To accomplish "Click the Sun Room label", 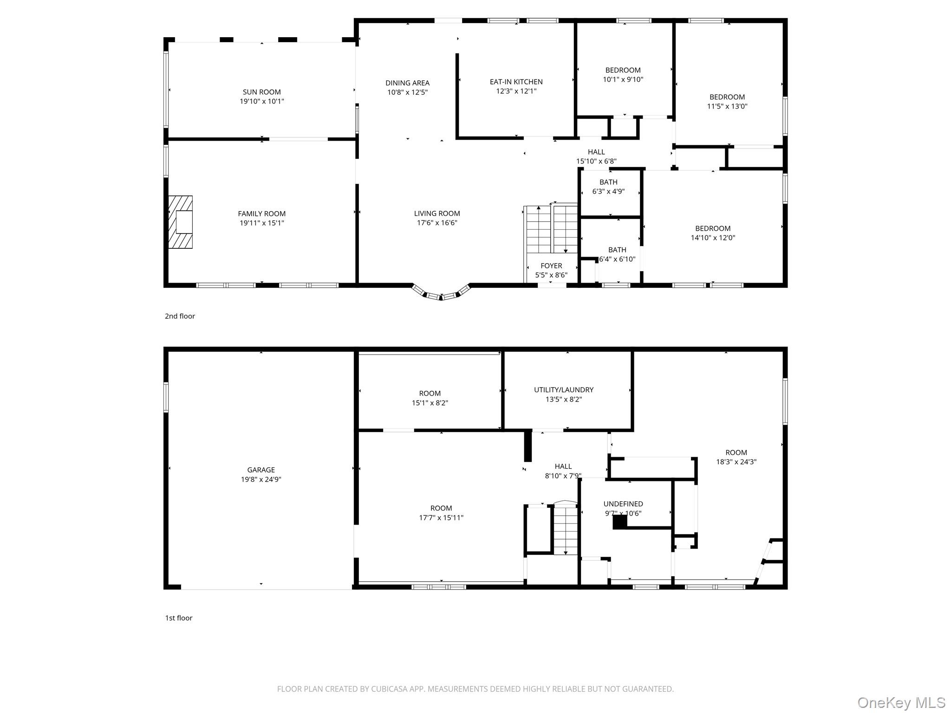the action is click(261, 92).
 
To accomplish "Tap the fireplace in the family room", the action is click(180, 222).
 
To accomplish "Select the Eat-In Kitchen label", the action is click(516, 82).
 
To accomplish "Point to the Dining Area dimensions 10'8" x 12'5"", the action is click(407, 92).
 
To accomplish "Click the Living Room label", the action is click(437, 214).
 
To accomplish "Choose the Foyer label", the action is click(551, 266).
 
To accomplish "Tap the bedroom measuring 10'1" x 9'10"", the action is click(623, 75).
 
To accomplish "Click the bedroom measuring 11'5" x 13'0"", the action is click(727, 102).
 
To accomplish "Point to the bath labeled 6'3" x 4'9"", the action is click(608, 187).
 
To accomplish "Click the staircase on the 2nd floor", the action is click(551, 229).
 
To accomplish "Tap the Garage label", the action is click(261, 470).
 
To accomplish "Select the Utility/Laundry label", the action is click(564, 390).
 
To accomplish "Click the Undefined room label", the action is click(623, 504).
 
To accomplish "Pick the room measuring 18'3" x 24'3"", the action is click(736, 457).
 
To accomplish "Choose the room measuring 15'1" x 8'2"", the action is click(430, 398).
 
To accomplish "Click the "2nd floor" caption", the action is click(180, 316).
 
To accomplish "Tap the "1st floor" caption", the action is click(179, 618).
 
